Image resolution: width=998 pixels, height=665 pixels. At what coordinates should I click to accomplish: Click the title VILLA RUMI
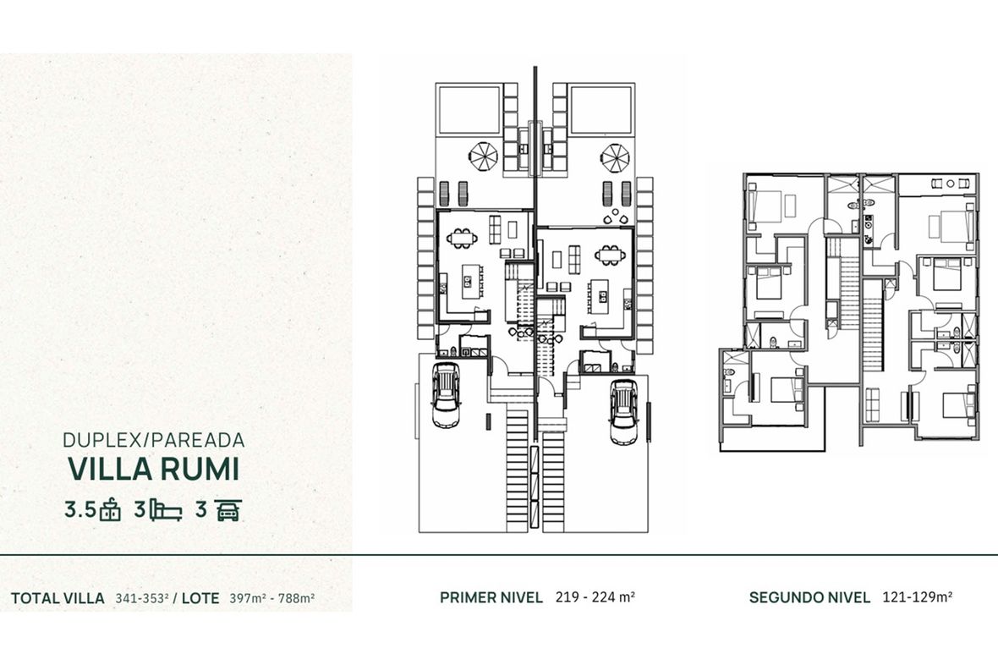coord(153,469)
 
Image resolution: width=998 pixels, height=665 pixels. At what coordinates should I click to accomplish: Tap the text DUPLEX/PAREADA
coord(154,439)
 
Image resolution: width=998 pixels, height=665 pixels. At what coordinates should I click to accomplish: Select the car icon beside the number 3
coord(228,510)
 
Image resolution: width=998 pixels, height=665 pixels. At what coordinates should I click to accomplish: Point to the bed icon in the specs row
coord(166,511)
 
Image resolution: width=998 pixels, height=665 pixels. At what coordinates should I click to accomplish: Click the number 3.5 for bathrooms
coord(80,510)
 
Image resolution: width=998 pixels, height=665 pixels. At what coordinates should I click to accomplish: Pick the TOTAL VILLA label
coord(58,598)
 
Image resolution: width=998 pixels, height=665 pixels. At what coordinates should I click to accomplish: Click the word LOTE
coord(200,598)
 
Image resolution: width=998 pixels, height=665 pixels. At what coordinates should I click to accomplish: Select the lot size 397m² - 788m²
coord(272,598)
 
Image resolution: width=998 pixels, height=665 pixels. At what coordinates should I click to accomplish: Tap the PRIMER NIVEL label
coord(491,597)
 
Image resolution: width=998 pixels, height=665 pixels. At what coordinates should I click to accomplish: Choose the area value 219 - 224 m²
coord(595,596)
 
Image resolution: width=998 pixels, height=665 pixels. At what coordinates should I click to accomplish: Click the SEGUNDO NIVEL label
coord(809,597)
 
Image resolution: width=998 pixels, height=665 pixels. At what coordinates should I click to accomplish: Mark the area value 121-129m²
coord(917,596)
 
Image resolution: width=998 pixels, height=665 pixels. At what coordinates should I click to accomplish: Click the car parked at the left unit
coord(446,394)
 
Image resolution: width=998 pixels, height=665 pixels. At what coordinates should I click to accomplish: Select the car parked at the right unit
coord(623,411)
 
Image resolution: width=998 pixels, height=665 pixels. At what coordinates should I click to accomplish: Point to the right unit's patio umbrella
coord(616,157)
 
